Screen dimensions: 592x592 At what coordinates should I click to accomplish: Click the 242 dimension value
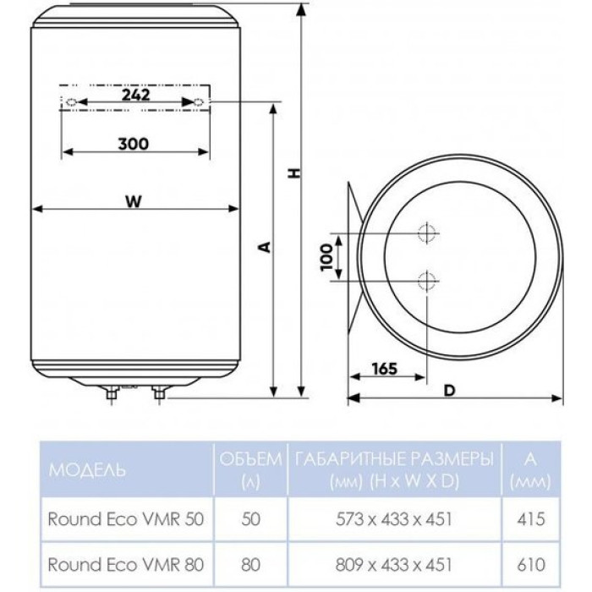point(135,95)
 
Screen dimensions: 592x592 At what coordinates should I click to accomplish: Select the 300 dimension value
point(134,144)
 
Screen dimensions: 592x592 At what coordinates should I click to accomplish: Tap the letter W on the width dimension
point(134,201)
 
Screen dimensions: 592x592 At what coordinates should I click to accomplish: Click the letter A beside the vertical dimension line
point(266,247)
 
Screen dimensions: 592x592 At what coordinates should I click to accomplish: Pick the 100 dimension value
point(326,257)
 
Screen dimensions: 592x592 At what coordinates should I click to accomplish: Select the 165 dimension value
point(384,369)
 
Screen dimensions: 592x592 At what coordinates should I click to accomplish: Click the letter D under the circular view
point(450,391)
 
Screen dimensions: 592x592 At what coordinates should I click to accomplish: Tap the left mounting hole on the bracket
point(71,102)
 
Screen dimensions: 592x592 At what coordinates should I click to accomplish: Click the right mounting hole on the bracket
point(200,102)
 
